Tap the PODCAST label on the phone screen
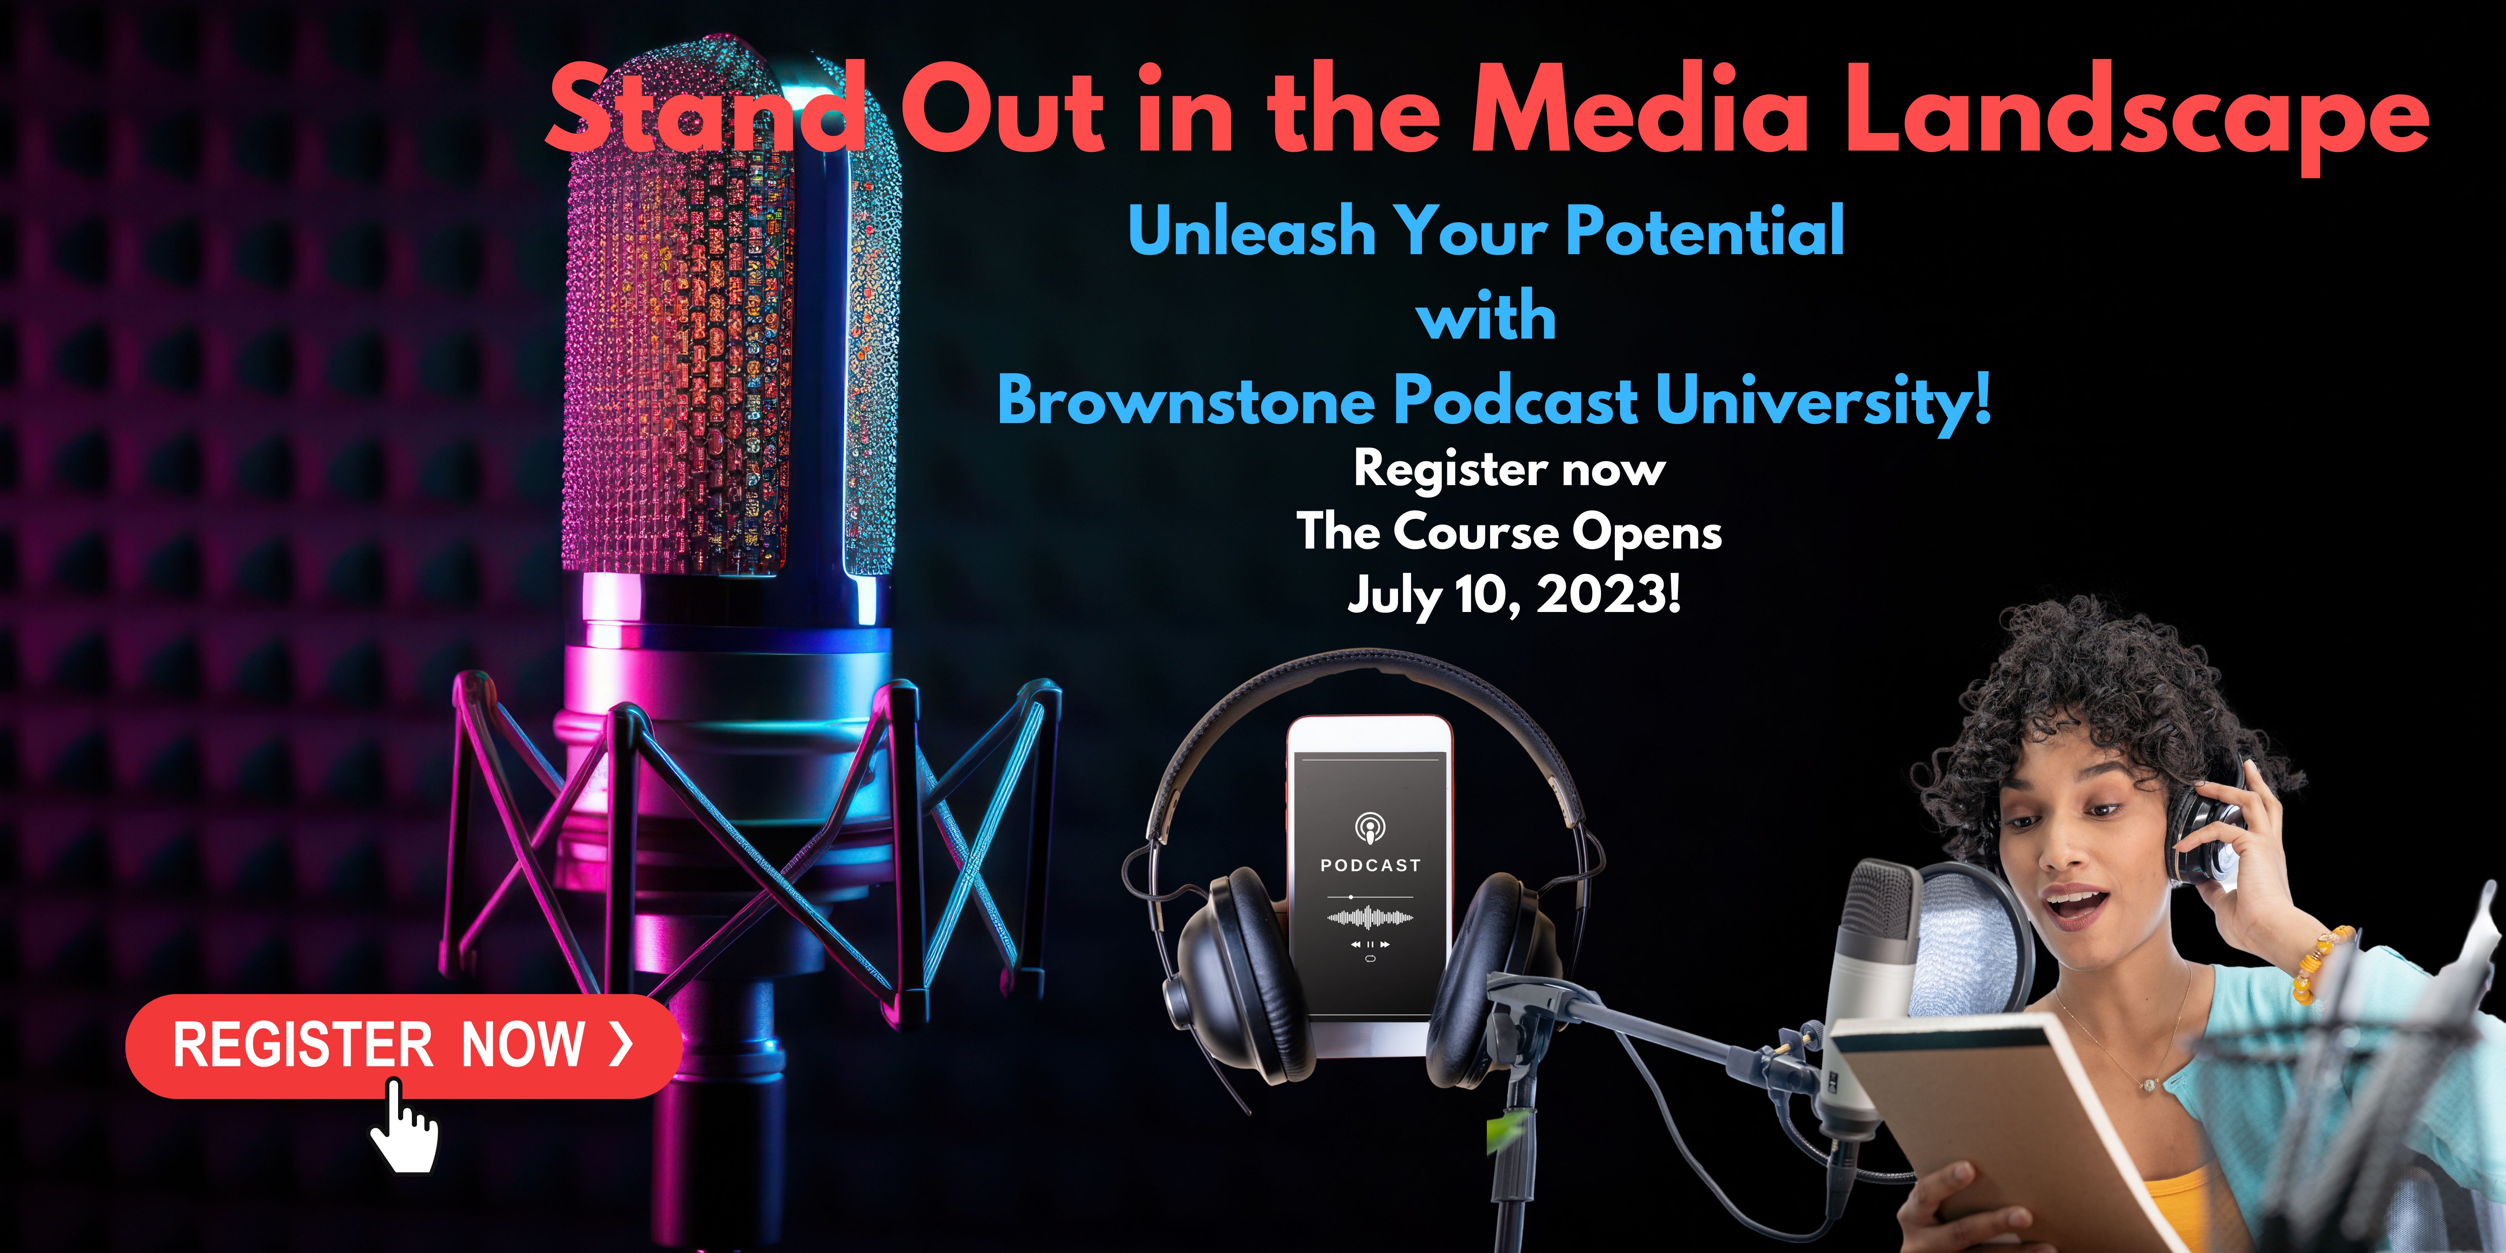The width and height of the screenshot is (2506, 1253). (1370, 865)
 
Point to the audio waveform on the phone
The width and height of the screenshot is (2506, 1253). (1370, 917)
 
